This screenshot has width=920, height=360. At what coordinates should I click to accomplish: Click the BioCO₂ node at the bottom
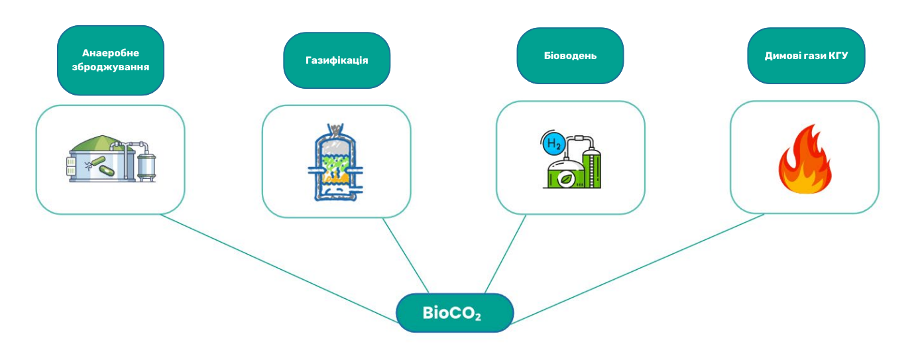455,313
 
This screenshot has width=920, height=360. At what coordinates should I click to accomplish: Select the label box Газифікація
337,60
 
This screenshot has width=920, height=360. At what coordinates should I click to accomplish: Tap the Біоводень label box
570,56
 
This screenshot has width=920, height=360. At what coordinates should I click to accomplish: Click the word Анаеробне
111,53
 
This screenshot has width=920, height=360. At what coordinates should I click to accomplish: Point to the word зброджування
111,67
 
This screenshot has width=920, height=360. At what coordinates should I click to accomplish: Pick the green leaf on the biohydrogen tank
565,177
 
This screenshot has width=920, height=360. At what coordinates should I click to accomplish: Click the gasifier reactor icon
337,162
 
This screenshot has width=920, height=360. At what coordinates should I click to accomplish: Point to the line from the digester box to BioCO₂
278,269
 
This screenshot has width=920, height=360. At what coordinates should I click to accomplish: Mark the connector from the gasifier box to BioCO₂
406,255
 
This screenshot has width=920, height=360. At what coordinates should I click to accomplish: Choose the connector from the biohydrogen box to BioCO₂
506,253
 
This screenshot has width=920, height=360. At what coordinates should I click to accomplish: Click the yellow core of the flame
804,179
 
